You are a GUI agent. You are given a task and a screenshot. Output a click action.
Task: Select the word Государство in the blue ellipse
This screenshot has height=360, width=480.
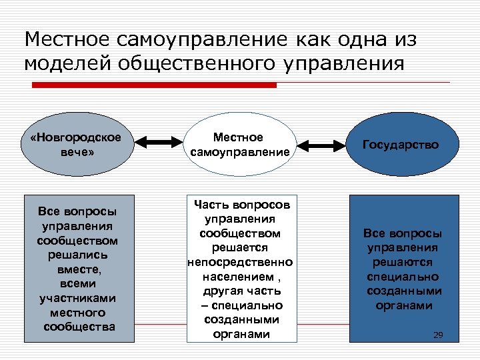[401, 144]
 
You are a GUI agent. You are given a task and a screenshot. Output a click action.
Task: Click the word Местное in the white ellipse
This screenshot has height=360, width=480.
[238, 137]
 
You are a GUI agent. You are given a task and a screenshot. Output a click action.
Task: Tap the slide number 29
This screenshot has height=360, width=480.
[438, 334]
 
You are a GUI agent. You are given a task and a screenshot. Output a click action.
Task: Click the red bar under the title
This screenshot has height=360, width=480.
[155, 85]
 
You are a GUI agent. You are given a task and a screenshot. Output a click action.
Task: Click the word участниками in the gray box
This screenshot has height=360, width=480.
[78, 298]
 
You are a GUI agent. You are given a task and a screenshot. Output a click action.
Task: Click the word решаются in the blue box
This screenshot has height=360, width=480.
[402, 263]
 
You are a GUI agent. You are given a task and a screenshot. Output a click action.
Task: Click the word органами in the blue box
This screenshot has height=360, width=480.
[402, 306]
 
